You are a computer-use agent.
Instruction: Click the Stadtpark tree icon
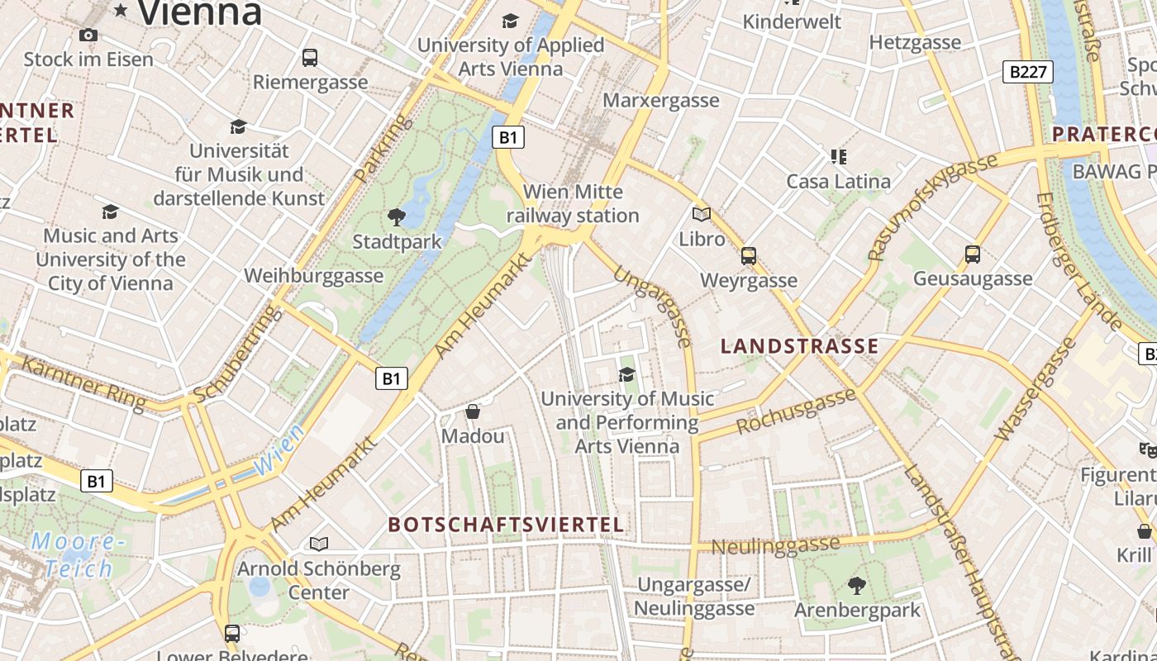[x=397, y=217]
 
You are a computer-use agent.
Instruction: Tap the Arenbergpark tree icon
[x=857, y=586]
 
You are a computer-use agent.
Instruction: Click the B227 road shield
[x=1028, y=72]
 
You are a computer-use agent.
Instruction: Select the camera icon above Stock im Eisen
[x=88, y=35]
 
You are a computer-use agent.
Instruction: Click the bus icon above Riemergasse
[x=310, y=58]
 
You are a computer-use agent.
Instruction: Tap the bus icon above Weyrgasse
[x=749, y=256]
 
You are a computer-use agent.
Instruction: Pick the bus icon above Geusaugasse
[x=973, y=254]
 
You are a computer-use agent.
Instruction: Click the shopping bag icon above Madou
[x=473, y=411]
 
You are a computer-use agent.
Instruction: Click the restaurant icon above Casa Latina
[x=839, y=156]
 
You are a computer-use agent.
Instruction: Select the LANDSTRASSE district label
[x=799, y=346]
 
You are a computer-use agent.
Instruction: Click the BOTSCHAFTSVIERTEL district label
[x=506, y=525]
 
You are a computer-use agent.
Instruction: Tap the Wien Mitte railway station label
[x=573, y=203]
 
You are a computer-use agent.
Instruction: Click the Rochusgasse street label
[x=795, y=411]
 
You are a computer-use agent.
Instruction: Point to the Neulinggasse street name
[x=775, y=545]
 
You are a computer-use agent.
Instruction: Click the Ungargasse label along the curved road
[x=654, y=307]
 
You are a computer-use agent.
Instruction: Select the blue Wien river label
[x=278, y=453]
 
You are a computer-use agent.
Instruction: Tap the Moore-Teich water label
[x=79, y=555]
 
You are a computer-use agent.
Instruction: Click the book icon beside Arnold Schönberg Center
[x=319, y=544]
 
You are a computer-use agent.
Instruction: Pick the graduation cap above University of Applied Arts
[x=510, y=21]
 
